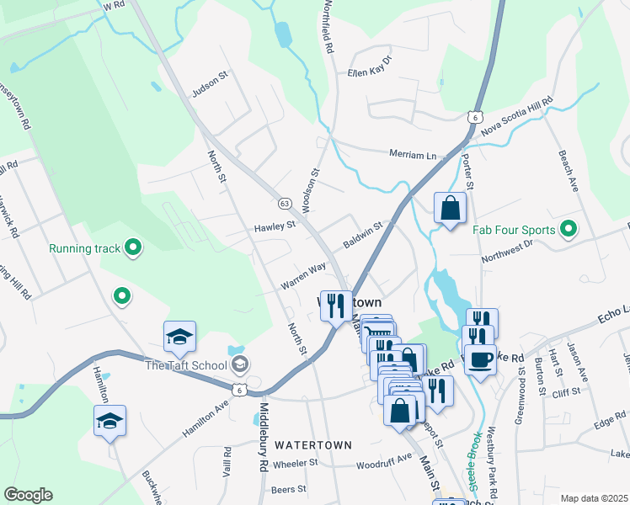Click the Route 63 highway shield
pyautogui.click(x=285, y=204)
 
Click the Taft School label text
pyautogui.click(x=186, y=364)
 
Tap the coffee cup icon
pyautogui.click(x=481, y=359)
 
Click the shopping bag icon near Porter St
pyautogui.click(x=451, y=208)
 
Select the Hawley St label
pyautogui.click(x=275, y=226)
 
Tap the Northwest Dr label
pyautogui.click(x=508, y=252)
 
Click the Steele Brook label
pyautogui.click(x=477, y=462)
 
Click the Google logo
pyautogui.click(x=28, y=495)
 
